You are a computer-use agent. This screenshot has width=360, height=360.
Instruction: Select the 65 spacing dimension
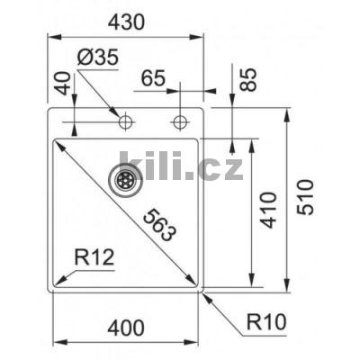[154, 78]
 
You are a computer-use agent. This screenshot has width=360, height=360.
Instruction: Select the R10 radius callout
[268, 319]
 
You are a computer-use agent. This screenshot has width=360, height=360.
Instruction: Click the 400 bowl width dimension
[124, 328]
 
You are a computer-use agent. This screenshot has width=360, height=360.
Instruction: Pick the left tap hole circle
[125, 120]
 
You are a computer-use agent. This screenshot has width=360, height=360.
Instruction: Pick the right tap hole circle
[181, 120]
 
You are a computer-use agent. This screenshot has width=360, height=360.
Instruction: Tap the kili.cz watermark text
[181, 167]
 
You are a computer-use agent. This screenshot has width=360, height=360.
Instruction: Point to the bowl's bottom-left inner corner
[57, 285]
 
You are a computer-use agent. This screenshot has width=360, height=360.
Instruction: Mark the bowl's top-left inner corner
[57, 139]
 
